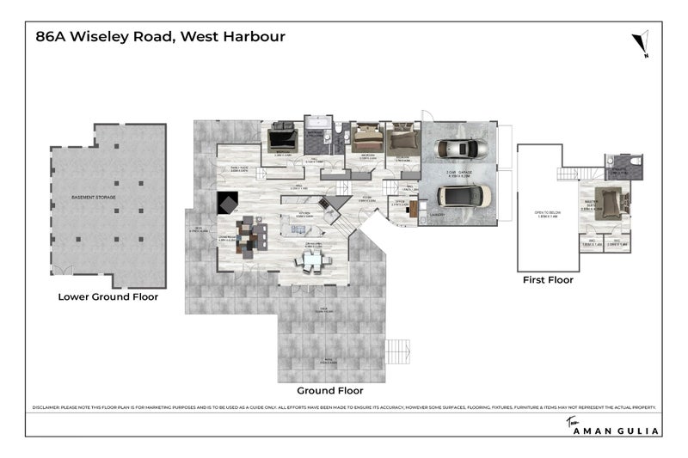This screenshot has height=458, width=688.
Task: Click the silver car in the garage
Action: (x=459, y=148)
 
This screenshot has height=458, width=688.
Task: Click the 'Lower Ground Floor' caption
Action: (x=107, y=297)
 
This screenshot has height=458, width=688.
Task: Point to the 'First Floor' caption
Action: (x=548, y=279)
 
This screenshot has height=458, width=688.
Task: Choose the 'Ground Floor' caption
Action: (x=331, y=376)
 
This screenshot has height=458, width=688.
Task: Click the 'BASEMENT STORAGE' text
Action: (x=94, y=198)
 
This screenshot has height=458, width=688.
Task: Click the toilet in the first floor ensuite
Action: (x=635, y=161)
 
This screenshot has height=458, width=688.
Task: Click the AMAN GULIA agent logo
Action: (x=613, y=429)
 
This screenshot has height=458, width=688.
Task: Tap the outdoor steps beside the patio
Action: (x=398, y=351)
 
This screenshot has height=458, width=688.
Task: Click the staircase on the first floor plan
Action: (x=568, y=174)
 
